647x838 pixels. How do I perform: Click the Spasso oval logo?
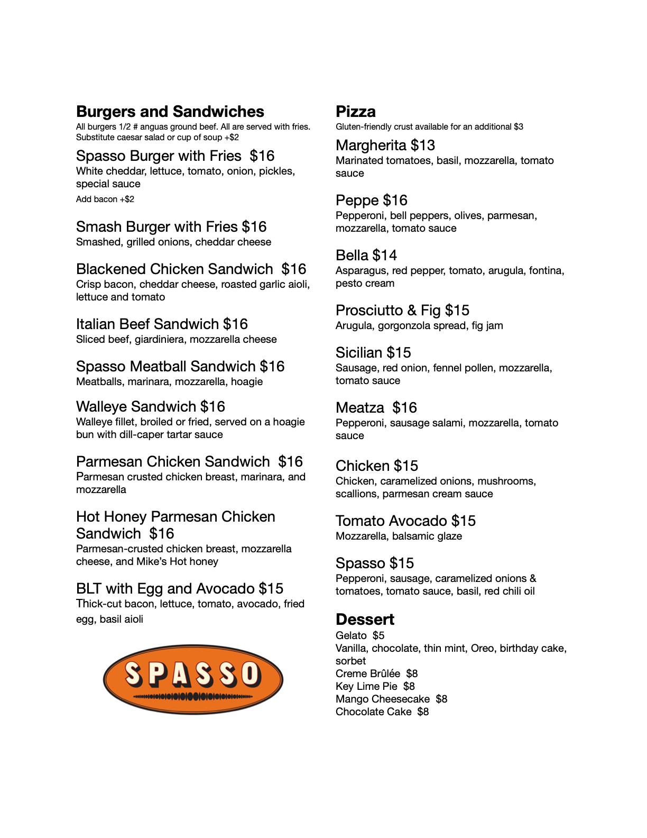[193, 679]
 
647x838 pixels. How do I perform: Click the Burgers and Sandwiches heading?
[170, 112]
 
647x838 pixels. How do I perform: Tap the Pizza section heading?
[355, 112]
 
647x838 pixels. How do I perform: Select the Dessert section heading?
[365, 620]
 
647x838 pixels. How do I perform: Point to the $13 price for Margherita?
[423, 145]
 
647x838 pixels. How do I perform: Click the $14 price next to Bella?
[385, 256]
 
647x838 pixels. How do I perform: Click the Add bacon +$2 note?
[105, 199]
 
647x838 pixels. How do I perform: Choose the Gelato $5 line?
[359, 636]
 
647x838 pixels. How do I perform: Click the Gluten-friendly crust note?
[429, 127]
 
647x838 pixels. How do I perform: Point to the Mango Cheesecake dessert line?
[391, 699]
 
